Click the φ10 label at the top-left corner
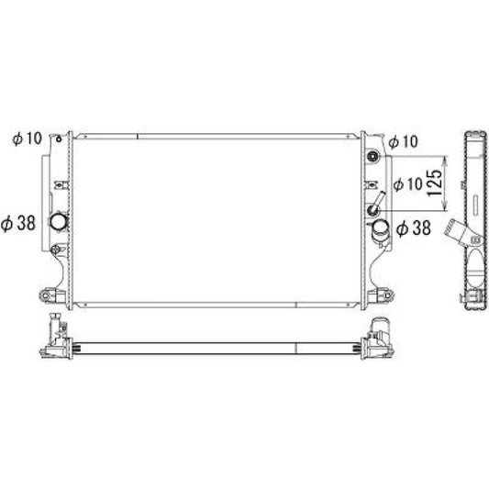pyautogui.click(x=28, y=139)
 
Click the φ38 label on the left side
pyautogui.click(x=18, y=224)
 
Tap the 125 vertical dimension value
pyautogui.click(x=435, y=183)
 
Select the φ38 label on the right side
pyautogui.click(x=414, y=228)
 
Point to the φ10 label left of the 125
pyautogui.click(x=407, y=184)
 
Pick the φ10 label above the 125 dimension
pyautogui.click(x=404, y=142)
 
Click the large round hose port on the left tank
pyautogui.click(x=59, y=222)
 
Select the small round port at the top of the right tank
pyautogui.click(x=373, y=156)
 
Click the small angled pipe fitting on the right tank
pyautogui.click(x=376, y=203)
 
